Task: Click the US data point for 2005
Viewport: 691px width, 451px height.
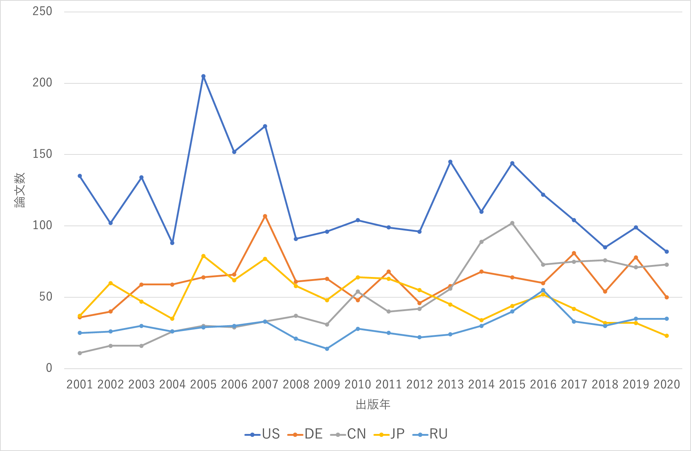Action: pos(203,76)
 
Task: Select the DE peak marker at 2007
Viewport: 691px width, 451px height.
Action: pos(265,216)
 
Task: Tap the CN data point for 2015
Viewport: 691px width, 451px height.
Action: pos(512,223)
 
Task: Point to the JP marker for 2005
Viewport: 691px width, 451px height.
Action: pos(203,256)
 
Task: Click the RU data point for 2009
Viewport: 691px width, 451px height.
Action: pos(327,349)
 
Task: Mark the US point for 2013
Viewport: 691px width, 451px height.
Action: pos(450,162)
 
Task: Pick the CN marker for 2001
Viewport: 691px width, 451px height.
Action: pos(80,353)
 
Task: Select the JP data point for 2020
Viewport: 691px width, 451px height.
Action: pos(667,336)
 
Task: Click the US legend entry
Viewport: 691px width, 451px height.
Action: pos(262,434)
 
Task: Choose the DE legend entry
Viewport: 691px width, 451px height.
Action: pos(305,434)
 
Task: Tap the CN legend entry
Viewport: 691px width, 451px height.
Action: pos(348,434)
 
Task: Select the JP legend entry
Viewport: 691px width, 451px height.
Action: pos(389,434)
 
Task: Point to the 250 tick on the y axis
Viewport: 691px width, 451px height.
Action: pos(42,11)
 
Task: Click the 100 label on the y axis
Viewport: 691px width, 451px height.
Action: pos(42,225)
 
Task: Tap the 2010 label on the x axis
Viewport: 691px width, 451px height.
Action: pos(358,384)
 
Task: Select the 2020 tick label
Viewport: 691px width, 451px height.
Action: pos(667,384)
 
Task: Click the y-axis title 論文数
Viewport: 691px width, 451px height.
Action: pos(20,190)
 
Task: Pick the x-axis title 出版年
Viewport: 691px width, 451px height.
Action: pos(373,405)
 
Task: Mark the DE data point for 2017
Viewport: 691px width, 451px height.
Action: pos(574,253)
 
